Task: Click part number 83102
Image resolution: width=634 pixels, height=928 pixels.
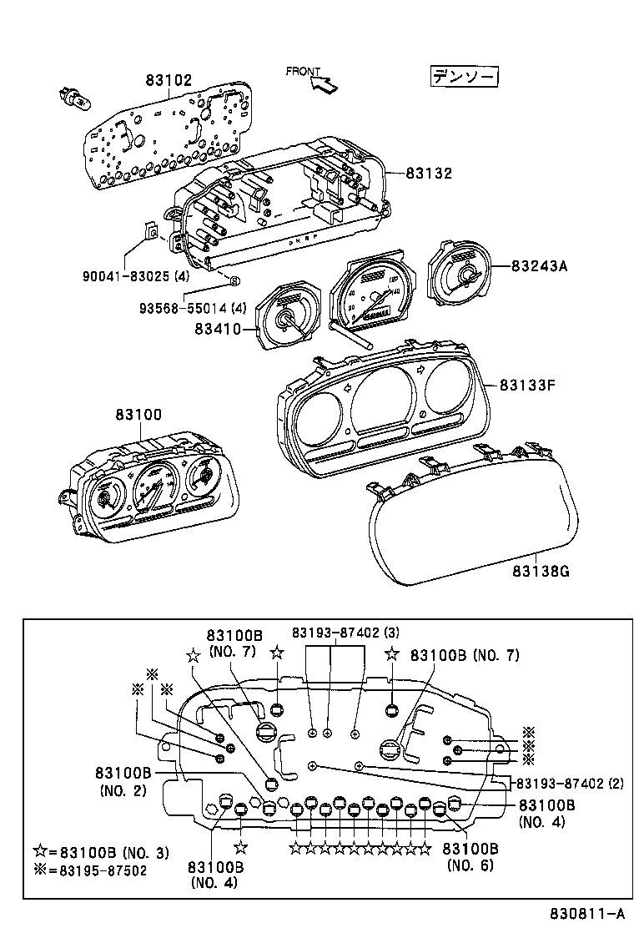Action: point(169,81)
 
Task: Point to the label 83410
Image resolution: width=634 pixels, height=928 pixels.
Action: point(217,330)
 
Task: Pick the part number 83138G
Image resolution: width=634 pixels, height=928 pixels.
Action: point(542,572)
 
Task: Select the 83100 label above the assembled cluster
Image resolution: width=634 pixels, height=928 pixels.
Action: point(138,414)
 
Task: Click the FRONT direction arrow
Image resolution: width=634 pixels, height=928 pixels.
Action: point(327,83)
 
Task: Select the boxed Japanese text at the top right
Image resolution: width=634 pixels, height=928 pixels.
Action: point(464,77)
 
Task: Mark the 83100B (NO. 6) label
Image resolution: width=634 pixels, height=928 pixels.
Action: point(470,857)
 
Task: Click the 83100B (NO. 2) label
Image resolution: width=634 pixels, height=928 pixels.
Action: point(123,781)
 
